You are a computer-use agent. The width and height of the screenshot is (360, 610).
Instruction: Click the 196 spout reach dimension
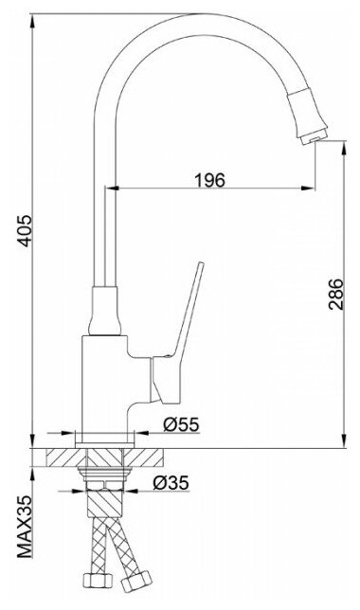209,180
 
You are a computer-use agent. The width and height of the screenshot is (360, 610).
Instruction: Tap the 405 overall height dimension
26,230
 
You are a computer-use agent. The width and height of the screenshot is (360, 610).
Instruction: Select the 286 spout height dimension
335,294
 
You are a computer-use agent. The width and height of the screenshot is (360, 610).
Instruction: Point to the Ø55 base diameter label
181,424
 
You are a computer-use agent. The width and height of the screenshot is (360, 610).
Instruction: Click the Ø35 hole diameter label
171,483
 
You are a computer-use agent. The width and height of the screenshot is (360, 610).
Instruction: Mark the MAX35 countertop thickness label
26,527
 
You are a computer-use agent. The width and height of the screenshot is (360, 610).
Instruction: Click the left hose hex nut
99,580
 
